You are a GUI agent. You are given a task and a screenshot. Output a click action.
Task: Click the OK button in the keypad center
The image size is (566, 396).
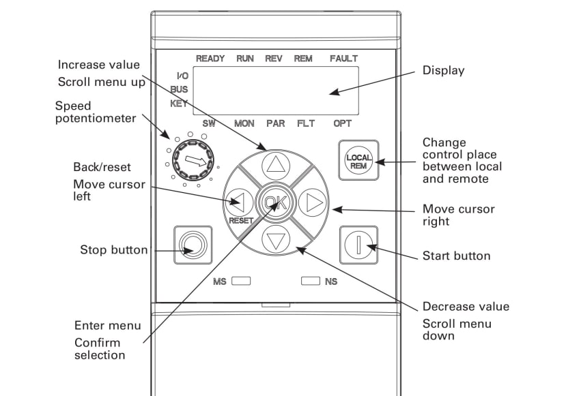click(x=276, y=202)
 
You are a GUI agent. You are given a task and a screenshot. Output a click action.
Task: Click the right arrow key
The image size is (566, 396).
click(x=313, y=202)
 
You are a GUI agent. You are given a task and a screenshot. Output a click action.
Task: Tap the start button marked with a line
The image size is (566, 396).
click(x=358, y=244)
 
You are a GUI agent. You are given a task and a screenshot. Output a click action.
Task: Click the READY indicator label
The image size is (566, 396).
click(x=210, y=59)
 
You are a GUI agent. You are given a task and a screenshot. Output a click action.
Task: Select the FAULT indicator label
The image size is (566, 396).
click(x=343, y=59)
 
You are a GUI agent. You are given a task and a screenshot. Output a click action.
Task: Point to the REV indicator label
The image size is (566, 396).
click(x=273, y=59)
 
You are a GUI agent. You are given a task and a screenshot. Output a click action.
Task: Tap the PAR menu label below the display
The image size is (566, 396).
click(x=276, y=124)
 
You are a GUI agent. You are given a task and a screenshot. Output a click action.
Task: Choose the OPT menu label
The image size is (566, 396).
click(x=343, y=124)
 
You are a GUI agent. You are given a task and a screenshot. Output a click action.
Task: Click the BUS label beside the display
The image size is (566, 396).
click(x=180, y=89)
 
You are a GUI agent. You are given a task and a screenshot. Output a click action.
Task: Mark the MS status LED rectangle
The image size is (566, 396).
click(x=242, y=280)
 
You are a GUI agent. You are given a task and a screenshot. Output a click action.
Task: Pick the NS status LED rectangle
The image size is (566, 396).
click(x=311, y=280)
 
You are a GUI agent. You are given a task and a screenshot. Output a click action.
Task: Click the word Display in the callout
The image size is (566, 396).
click(x=443, y=71)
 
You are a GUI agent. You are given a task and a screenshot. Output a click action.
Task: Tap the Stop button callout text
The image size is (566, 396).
click(x=114, y=250)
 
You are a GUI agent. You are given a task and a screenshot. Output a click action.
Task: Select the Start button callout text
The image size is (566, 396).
click(x=457, y=256)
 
